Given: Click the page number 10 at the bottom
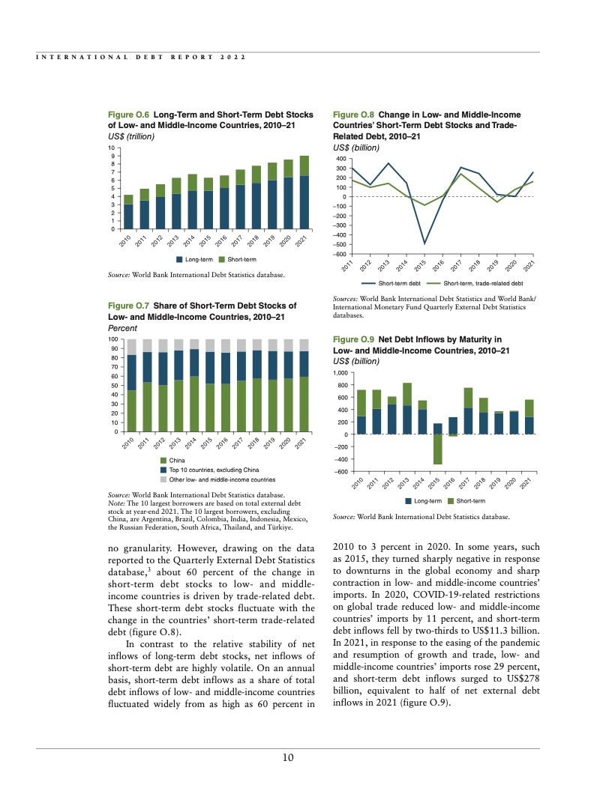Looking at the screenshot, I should pyautogui.click(x=287, y=758).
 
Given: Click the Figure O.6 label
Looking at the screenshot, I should pyautogui.click(x=129, y=115).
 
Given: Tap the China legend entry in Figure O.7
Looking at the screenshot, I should pyautogui.click(x=177, y=459).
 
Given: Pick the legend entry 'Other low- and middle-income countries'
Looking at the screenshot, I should pyautogui.click(x=221, y=479).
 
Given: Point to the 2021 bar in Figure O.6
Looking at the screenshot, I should pyautogui.click(x=304, y=191).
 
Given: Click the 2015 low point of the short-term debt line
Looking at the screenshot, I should pyautogui.click(x=424, y=243).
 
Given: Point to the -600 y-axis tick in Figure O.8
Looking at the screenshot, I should pyautogui.click(x=340, y=255).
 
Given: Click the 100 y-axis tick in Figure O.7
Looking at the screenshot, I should pyautogui.click(x=114, y=339).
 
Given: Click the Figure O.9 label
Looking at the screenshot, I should pyautogui.click(x=353, y=340).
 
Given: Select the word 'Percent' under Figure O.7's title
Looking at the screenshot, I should pyautogui.click(x=122, y=328).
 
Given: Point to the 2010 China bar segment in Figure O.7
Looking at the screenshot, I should pyautogui.click(x=131, y=410).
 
